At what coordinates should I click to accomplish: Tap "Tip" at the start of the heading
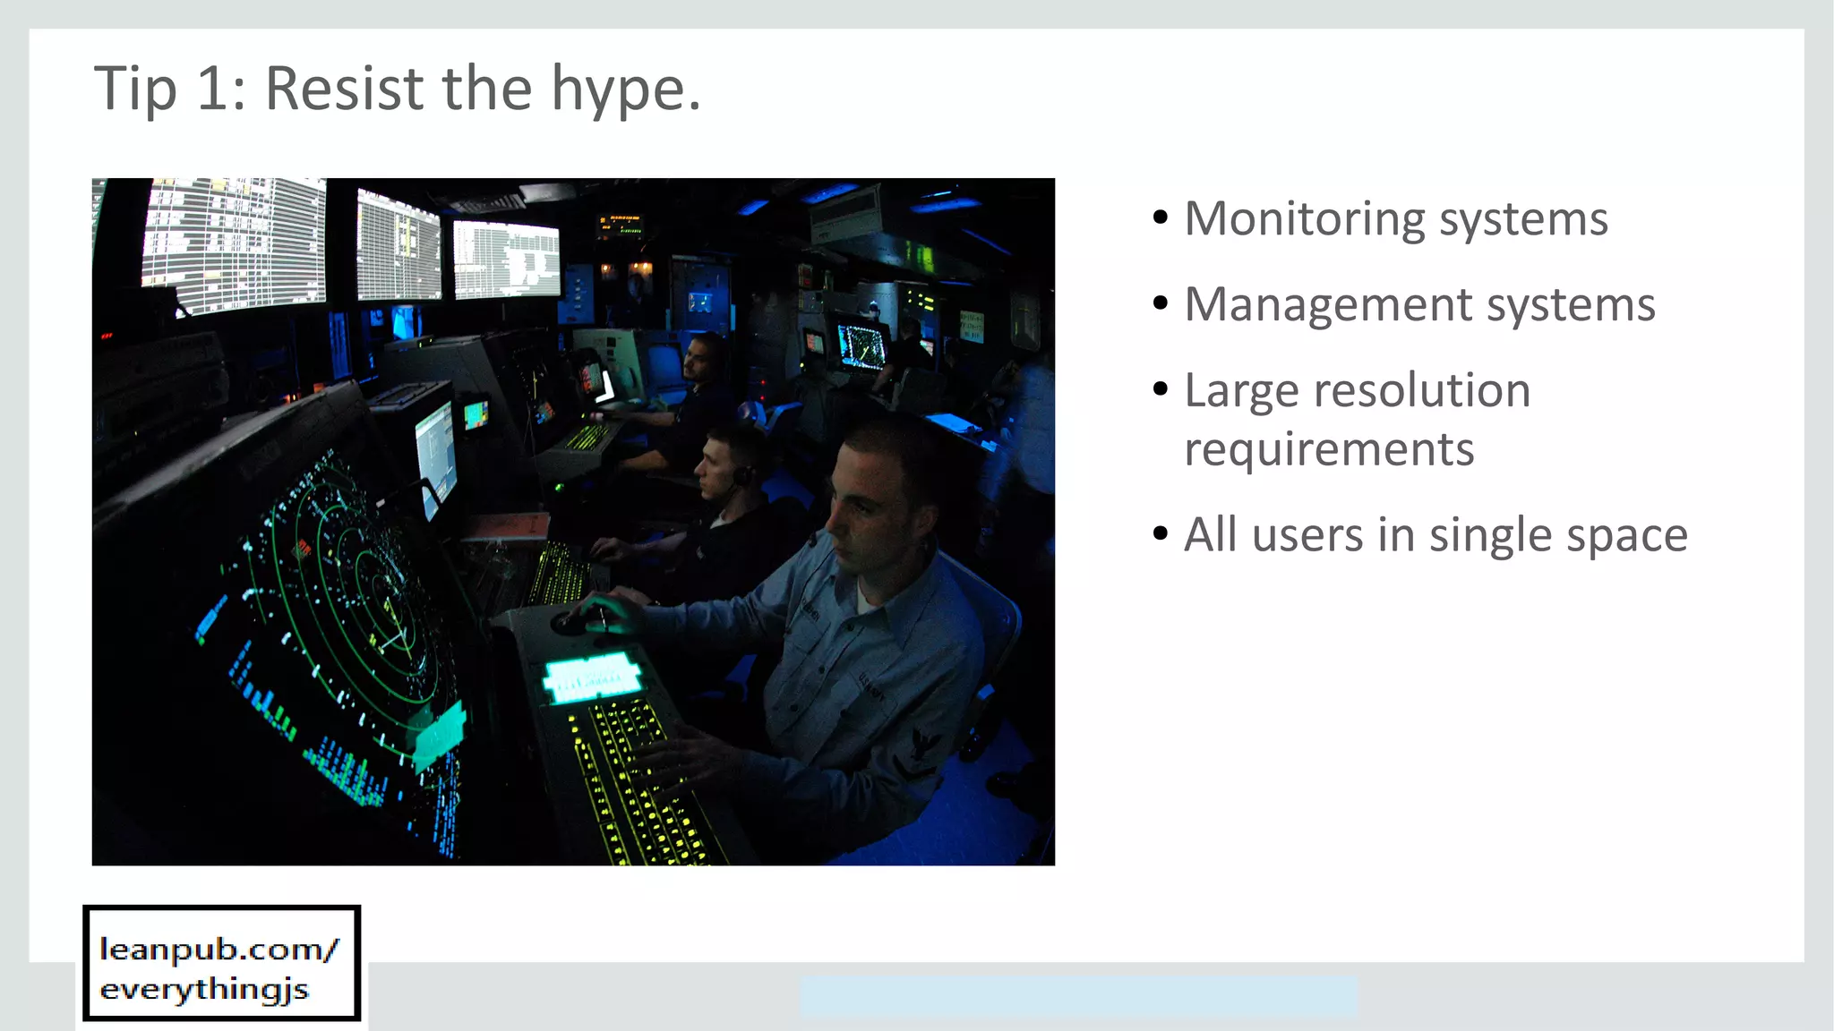(x=134, y=89)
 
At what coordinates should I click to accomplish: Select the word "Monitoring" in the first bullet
(x=1304, y=219)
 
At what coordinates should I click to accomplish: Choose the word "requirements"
(x=1329, y=449)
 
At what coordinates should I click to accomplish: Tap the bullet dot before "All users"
(x=1161, y=534)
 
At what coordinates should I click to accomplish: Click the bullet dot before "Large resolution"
(x=1161, y=389)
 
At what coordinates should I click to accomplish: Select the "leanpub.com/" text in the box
(x=219, y=950)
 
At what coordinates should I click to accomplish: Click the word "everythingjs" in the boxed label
(x=204, y=990)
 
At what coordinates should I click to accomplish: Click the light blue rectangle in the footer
(x=1078, y=996)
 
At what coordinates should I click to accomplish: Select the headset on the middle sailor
(x=741, y=474)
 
